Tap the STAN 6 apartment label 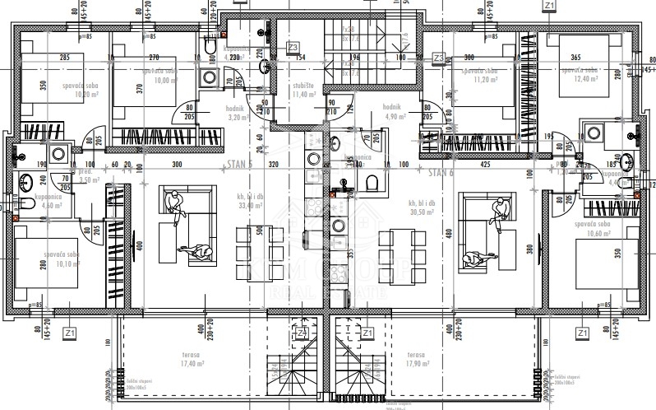click(x=441, y=174)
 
